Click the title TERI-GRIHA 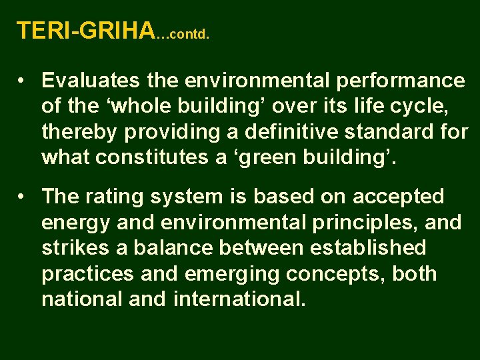pos(85,31)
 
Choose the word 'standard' pos(394,132)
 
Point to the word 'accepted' pos(398,197)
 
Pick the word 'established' pos(367,248)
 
